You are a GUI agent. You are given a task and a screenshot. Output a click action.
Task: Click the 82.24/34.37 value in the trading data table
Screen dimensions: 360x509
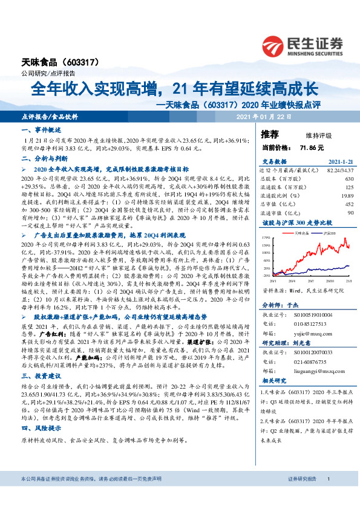[x=339, y=171]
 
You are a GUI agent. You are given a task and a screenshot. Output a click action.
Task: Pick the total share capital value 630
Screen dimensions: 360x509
[x=348, y=179]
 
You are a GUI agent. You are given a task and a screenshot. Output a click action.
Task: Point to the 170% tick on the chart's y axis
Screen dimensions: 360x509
[x=266, y=238]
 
